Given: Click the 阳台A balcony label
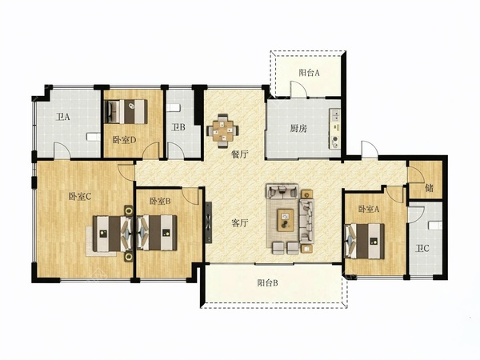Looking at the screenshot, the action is [309, 73].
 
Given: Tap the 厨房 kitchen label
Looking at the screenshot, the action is [298, 129].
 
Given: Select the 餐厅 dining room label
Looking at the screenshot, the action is [239, 154].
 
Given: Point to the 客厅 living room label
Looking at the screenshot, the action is [239, 223].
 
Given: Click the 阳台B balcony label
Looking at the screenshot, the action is [267, 283].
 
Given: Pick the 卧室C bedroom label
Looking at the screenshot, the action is [79, 197].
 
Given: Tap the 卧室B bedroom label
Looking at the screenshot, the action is [160, 201].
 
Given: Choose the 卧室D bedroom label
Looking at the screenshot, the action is [124, 140].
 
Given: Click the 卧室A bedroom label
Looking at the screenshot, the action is [369, 209].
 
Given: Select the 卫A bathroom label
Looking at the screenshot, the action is [63, 117].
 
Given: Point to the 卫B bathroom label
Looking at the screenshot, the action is [178, 127].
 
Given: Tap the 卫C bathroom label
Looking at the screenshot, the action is [422, 249].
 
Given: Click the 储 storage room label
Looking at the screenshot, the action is [429, 188].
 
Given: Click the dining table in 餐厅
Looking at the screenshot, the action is [222, 130].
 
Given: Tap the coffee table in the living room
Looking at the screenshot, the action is [286, 220].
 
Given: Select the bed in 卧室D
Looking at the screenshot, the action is [126, 111].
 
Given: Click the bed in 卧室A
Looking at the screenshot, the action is [364, 242].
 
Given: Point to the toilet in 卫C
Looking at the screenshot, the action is [435, 226].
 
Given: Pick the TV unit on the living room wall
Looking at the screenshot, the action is [209, 222].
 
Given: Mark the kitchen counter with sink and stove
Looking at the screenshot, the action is [334, 129].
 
